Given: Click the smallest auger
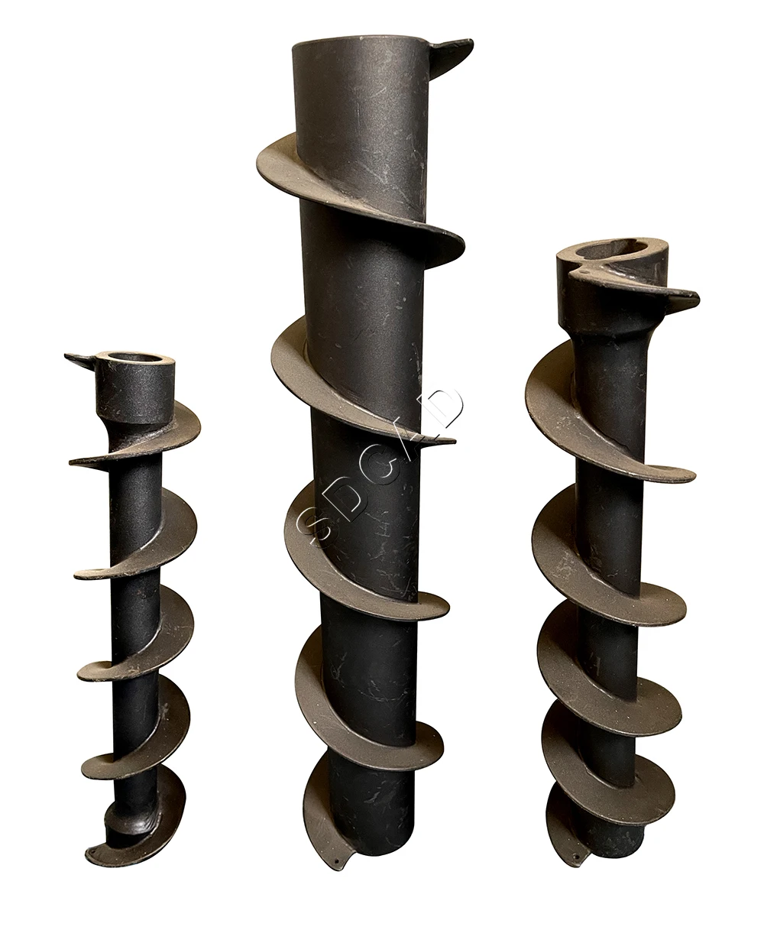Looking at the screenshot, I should [134, 611].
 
